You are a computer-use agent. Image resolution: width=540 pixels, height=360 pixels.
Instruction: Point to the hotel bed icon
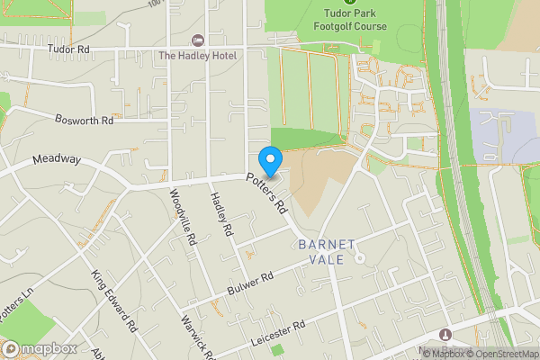(198, 41)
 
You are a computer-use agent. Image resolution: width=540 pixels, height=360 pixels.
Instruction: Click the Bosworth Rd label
(83, 119)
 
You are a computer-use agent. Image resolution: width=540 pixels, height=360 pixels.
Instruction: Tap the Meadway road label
(57, 159)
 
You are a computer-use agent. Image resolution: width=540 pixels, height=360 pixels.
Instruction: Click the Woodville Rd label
(182, 219)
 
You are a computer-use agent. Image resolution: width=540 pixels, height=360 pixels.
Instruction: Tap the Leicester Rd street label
(280, 327)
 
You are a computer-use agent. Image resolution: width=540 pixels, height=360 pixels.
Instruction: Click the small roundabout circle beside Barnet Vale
(358, 258)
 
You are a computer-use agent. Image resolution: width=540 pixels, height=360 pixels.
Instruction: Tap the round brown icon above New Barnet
(447, 335)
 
